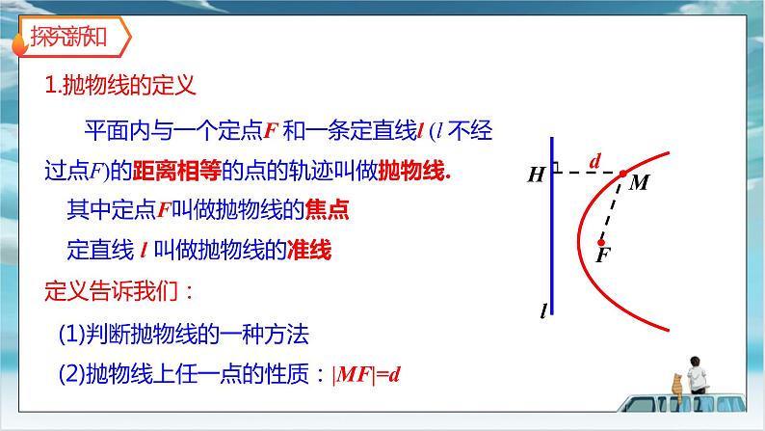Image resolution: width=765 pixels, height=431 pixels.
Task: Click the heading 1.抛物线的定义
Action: click(121, 85)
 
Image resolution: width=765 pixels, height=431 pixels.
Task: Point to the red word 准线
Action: click(310, 251)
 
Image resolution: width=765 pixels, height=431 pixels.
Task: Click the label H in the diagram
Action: click(535, 175)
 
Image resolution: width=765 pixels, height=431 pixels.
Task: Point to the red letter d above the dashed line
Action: click(594, 161)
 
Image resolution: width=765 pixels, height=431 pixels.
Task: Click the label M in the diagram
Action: click(638, 183)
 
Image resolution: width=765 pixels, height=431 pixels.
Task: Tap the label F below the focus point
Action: click(604, 255)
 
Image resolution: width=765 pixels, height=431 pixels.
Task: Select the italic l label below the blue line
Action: click(544, 311)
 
